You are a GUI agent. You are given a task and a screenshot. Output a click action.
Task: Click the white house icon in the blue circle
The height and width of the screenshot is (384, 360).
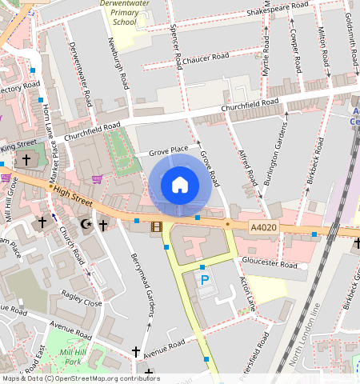click(180, 185)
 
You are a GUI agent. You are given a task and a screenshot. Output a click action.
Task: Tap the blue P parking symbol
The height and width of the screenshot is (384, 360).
click(204, 280)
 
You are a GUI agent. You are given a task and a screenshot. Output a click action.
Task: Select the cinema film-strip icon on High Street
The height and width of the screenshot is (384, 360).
click(156, 226)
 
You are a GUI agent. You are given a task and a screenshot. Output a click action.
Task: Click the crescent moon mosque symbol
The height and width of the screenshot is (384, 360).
click(86, 225)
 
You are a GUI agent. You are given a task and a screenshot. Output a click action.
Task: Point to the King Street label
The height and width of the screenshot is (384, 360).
click(18, 145)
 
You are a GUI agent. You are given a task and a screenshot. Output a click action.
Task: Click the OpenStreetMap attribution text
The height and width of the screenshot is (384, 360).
click(81, 378)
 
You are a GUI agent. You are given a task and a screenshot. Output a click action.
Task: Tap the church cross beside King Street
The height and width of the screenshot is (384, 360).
click(26, 160)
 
